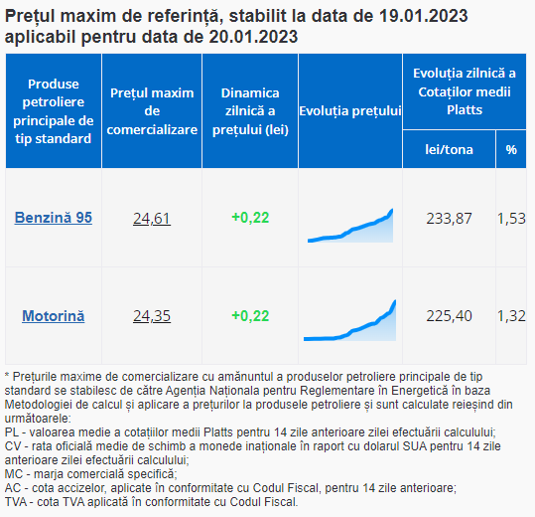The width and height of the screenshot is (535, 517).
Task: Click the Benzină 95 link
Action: click(54, 218)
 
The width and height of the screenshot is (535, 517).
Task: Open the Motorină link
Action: click(54, 316)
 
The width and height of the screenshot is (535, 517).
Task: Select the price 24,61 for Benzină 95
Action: click(152, 219)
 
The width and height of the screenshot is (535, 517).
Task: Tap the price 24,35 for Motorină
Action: click(152, 316)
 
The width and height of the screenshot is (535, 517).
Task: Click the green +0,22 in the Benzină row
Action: click(250, 218)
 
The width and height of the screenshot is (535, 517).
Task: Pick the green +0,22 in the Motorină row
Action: click(250, 316)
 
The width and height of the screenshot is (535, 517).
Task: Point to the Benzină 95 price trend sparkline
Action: click(350, 226)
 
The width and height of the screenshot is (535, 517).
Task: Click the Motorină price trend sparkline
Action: click(350, 320)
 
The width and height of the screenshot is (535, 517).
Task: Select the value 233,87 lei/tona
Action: click(449, 219)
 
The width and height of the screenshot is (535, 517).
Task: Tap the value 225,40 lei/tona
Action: click(449, 316)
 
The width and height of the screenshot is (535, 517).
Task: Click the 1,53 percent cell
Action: click(511, 219)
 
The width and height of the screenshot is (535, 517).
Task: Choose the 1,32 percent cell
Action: click(511, 316)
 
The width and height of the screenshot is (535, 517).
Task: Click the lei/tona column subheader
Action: click(449, 150)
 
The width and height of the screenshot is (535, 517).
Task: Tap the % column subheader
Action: click(511, 150)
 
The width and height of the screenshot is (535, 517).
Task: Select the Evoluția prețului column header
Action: click(350, 111)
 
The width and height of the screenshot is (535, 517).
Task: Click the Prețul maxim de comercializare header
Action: click(152, 111)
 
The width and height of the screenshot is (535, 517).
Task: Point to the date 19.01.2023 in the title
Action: click(424, 16)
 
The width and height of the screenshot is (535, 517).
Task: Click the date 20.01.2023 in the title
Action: click(253, 37)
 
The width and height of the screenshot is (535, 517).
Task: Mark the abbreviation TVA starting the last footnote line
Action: click(16, 502)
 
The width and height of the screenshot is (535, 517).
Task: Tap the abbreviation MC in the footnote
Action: click(14, 474)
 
